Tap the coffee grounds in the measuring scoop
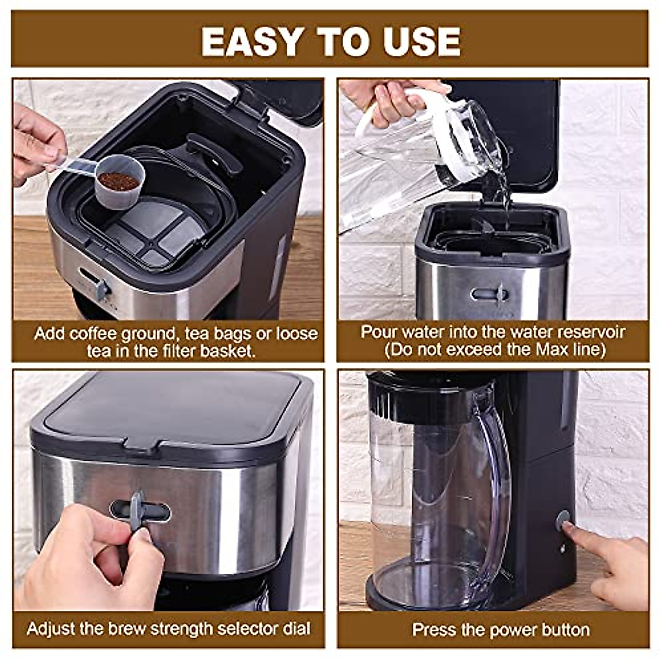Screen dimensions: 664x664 [x=118, y=180]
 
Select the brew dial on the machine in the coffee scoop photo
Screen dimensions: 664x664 [x=102, y=289]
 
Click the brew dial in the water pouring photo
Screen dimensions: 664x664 [x=500, y=294]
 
